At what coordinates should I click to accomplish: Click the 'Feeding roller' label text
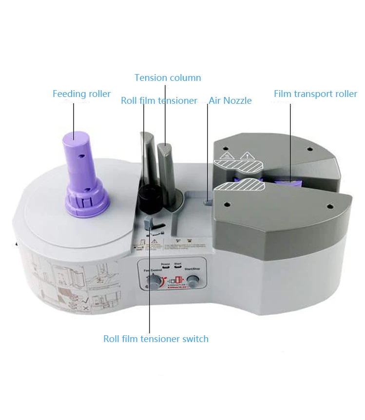tap(81, 94)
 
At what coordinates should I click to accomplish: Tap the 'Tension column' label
tap(168, 78)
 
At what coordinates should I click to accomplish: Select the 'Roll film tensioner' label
tap(159, 101)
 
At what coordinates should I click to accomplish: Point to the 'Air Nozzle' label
tap(230, 101)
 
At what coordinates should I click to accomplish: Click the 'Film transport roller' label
tap(315, 94)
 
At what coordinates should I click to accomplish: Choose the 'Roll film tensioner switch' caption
tap(155, 339)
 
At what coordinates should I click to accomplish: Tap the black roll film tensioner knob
tap(147, 197)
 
